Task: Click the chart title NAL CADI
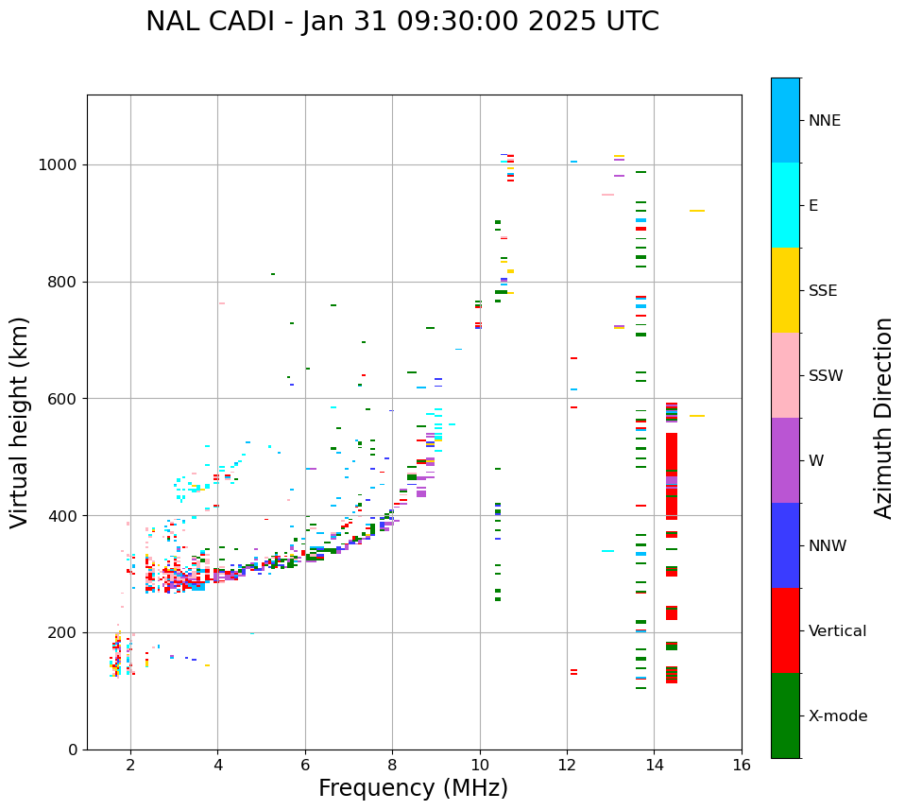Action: pyautogui.click(x=402, y=22)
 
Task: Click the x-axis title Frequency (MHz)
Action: pyautogui.click(x=413, y=788)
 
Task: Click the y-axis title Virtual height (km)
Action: pyautogui.click(x=20, y=422)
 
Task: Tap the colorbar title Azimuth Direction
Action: pyautogui.click(x=883, y=418)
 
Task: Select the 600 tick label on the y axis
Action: pyautogui.click(x=62, y=399)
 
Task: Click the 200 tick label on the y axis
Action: pyautogui.click(x=62, y=633)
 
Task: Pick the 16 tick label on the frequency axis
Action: pyautogui.click(x=742, y=765)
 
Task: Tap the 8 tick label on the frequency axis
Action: pyautogui.click(x=392, y=765)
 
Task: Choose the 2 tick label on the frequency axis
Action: pyautogui.click(x=130, y=765)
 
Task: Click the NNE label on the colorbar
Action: pyautogui.click(x=824, y=121)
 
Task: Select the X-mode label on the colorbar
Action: pyautogui.click(x=838, y=716)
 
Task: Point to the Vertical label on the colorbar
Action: pyautogui.click(x=837, y=631)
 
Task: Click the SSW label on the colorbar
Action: pyautogui.click(x=826, y=376)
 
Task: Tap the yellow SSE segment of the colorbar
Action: pyautogui.click(x=785, y=290)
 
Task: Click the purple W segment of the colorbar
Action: pyautogui.click(x=785, y=460)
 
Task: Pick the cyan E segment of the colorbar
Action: pyautogui.click(x=785, y=205)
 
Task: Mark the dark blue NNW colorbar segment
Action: pyautogui.click(x=785, y=545)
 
